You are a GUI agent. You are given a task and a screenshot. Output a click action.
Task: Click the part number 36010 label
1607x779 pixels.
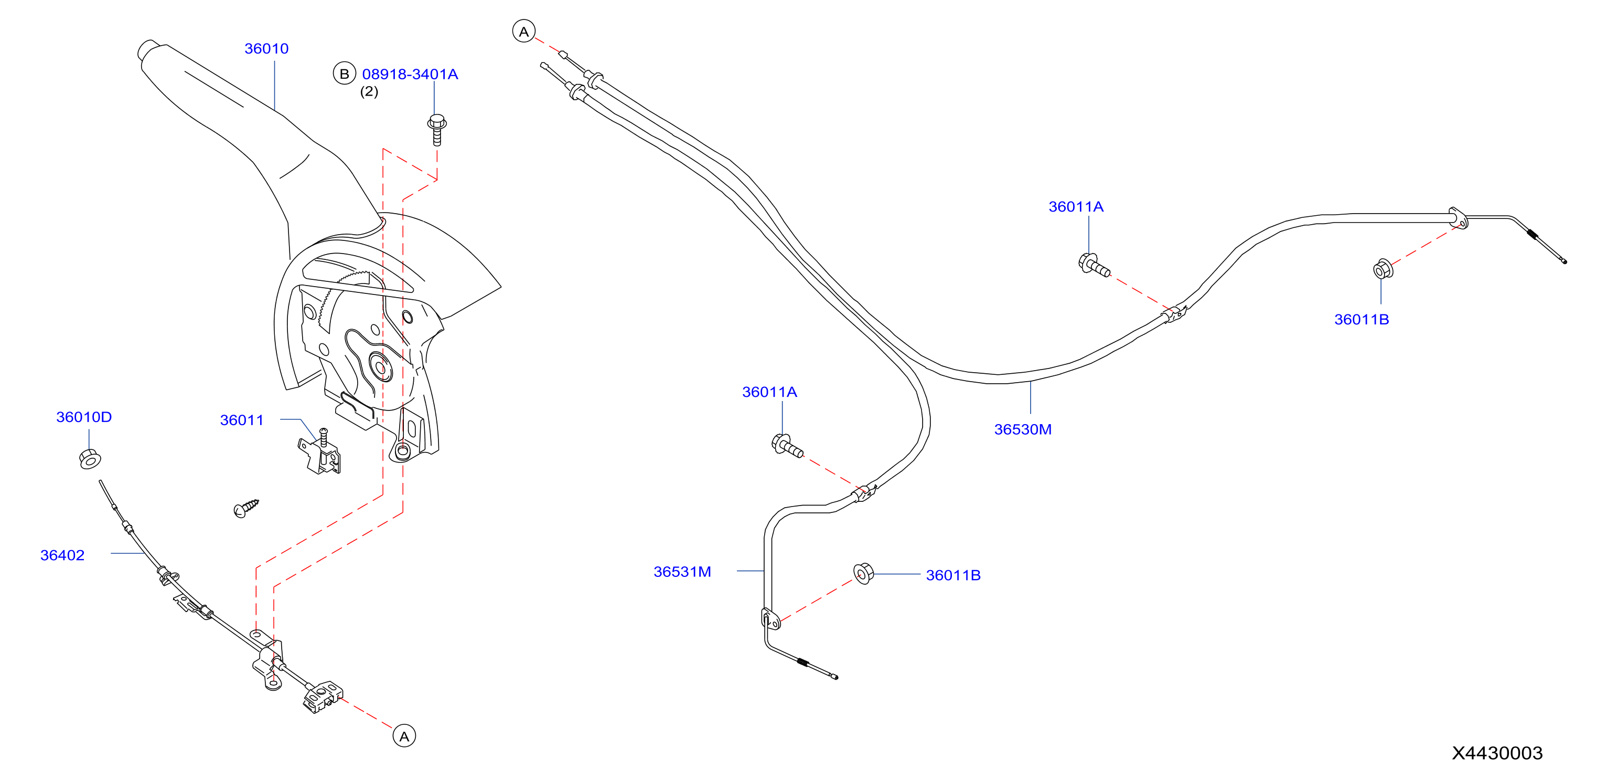click(x=266, y=49)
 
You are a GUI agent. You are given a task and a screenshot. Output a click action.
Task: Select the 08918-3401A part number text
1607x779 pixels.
click(x=410, y=75)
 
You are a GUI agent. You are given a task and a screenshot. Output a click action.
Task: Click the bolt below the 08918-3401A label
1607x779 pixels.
click(x=437, y=130)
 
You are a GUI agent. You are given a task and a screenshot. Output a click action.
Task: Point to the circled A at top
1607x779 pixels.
click(x=523, y=31)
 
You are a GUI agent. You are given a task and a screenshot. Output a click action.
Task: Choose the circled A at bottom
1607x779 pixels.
click(x=404, y=736)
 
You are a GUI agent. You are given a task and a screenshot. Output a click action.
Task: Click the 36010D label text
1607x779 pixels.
click(x=84, y=417)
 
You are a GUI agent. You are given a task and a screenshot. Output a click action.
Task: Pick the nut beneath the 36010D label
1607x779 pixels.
click(x=90, y=459)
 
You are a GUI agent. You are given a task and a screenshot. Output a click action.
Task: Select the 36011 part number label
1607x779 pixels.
click(x=242, y=420)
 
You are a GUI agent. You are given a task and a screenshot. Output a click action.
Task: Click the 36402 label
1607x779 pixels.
click(x=62, y=555)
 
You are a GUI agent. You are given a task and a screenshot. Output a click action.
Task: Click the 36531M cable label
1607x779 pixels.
click(x=682, y=572)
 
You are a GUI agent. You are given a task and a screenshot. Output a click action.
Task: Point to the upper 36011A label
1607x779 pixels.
click(x=1076, y=207)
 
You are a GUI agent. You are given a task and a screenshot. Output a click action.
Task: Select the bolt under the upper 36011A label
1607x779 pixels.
click(x=1094, y=265)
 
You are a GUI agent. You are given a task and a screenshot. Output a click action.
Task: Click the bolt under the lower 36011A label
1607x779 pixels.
click(x=787, y=446)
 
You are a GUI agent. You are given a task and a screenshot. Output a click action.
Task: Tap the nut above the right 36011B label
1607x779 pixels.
click(x=1383, y=269)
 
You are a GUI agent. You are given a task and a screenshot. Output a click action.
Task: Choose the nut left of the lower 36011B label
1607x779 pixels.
click(x=863, y=573)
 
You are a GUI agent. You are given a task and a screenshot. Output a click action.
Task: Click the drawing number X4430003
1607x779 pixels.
click(x=1497, y=753)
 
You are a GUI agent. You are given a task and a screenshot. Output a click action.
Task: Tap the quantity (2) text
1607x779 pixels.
click(x=369, y=92)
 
